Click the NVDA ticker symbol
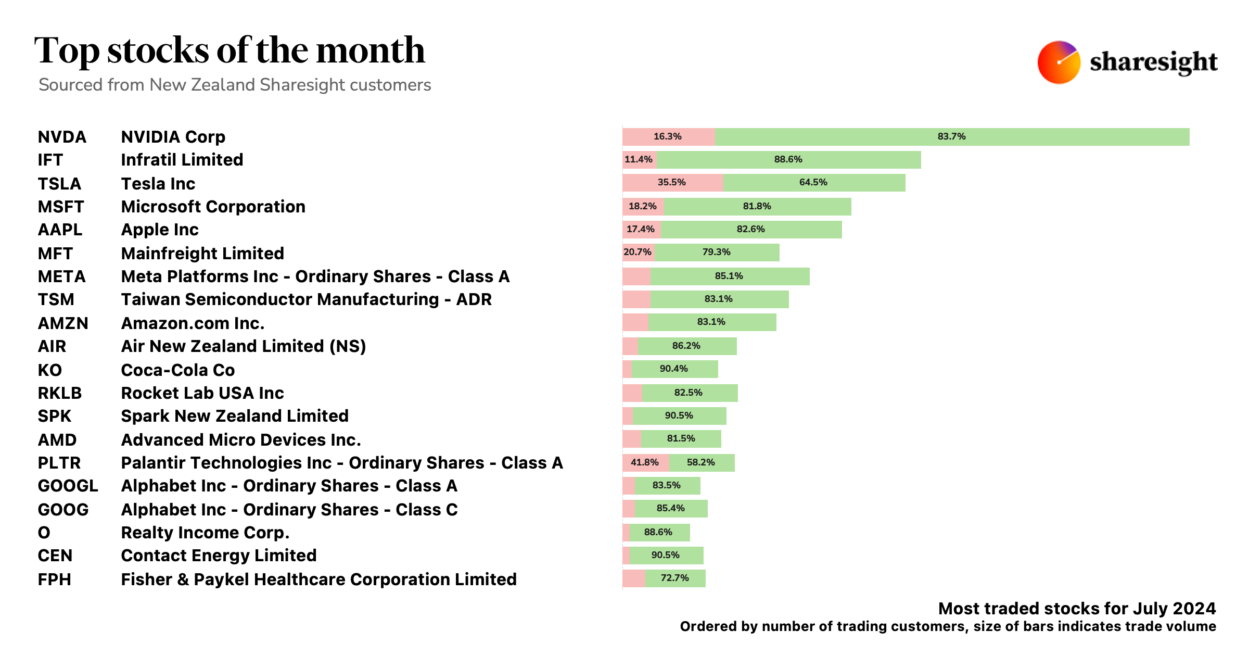click(x=61, y=137)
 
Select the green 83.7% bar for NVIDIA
click(x=951, y=136)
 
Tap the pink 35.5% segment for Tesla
click(x=672, y=183)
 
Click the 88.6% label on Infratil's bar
click(x=788, y=159)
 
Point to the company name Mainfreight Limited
click(x=202, y=254)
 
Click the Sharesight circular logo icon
click(x=1059, y=62)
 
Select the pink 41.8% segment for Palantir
click(x=645, y=462)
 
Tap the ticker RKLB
click(x=59, y=393)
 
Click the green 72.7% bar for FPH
click(x=675, y=578)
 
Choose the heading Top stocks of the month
click(x=230, y=51)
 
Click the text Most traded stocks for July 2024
click(x=1077, y=608)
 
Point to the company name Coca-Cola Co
click(x=177, y=370)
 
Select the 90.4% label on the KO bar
click(x=673, y=369)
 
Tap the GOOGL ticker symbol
click(x=68, y=486)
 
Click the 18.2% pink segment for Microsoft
click(x=643, y=206)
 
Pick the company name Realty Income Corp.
click(x=205, y=533)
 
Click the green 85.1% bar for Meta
click(x=729, y=276)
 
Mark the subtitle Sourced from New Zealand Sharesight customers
click(x=235, y=85)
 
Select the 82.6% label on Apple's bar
click(x=750, y=229)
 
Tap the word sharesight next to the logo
click(x=1153, y=62)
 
